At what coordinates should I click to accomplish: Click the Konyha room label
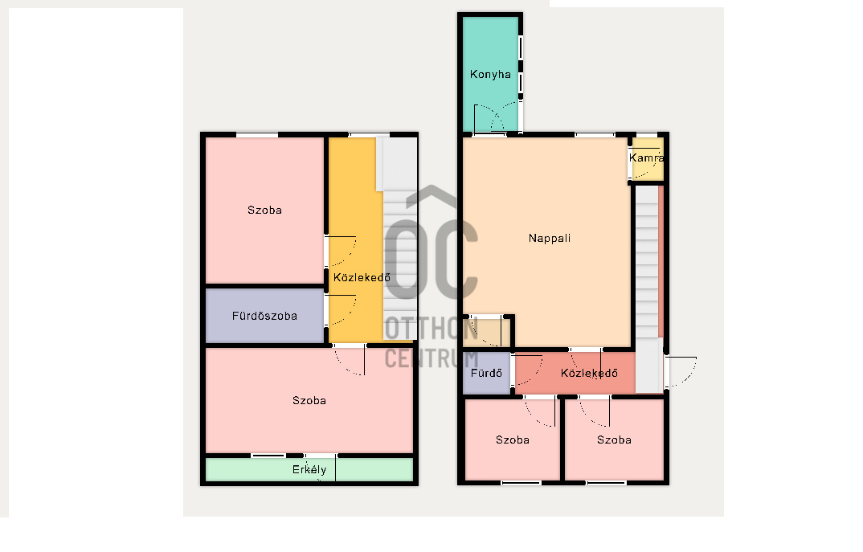pos(490,74)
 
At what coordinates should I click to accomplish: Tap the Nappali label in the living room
pos(550,239)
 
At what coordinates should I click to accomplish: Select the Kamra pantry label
pos(646,158)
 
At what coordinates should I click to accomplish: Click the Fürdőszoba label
pos(264,316)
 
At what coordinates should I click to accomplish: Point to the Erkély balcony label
pos(309,469)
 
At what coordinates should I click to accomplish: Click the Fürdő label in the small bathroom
pos(486,373)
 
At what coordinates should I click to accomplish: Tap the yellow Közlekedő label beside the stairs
pos(362,277)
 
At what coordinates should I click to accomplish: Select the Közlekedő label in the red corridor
pos(589,373)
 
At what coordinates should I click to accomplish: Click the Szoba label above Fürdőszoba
pos(264,210)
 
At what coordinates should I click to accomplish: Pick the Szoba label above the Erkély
pos(309,401)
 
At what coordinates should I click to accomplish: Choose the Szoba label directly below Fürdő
pos(513,440)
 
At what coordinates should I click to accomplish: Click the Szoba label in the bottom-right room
pos(614,440)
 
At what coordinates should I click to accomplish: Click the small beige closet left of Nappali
pos(486,333)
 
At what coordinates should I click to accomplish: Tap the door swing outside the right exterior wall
pos(681,372)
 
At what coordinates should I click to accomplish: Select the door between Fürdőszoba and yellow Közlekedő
pos(342,311)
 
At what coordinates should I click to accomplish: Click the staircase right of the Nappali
pos(648,262)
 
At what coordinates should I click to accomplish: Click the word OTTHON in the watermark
pos(431,329)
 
